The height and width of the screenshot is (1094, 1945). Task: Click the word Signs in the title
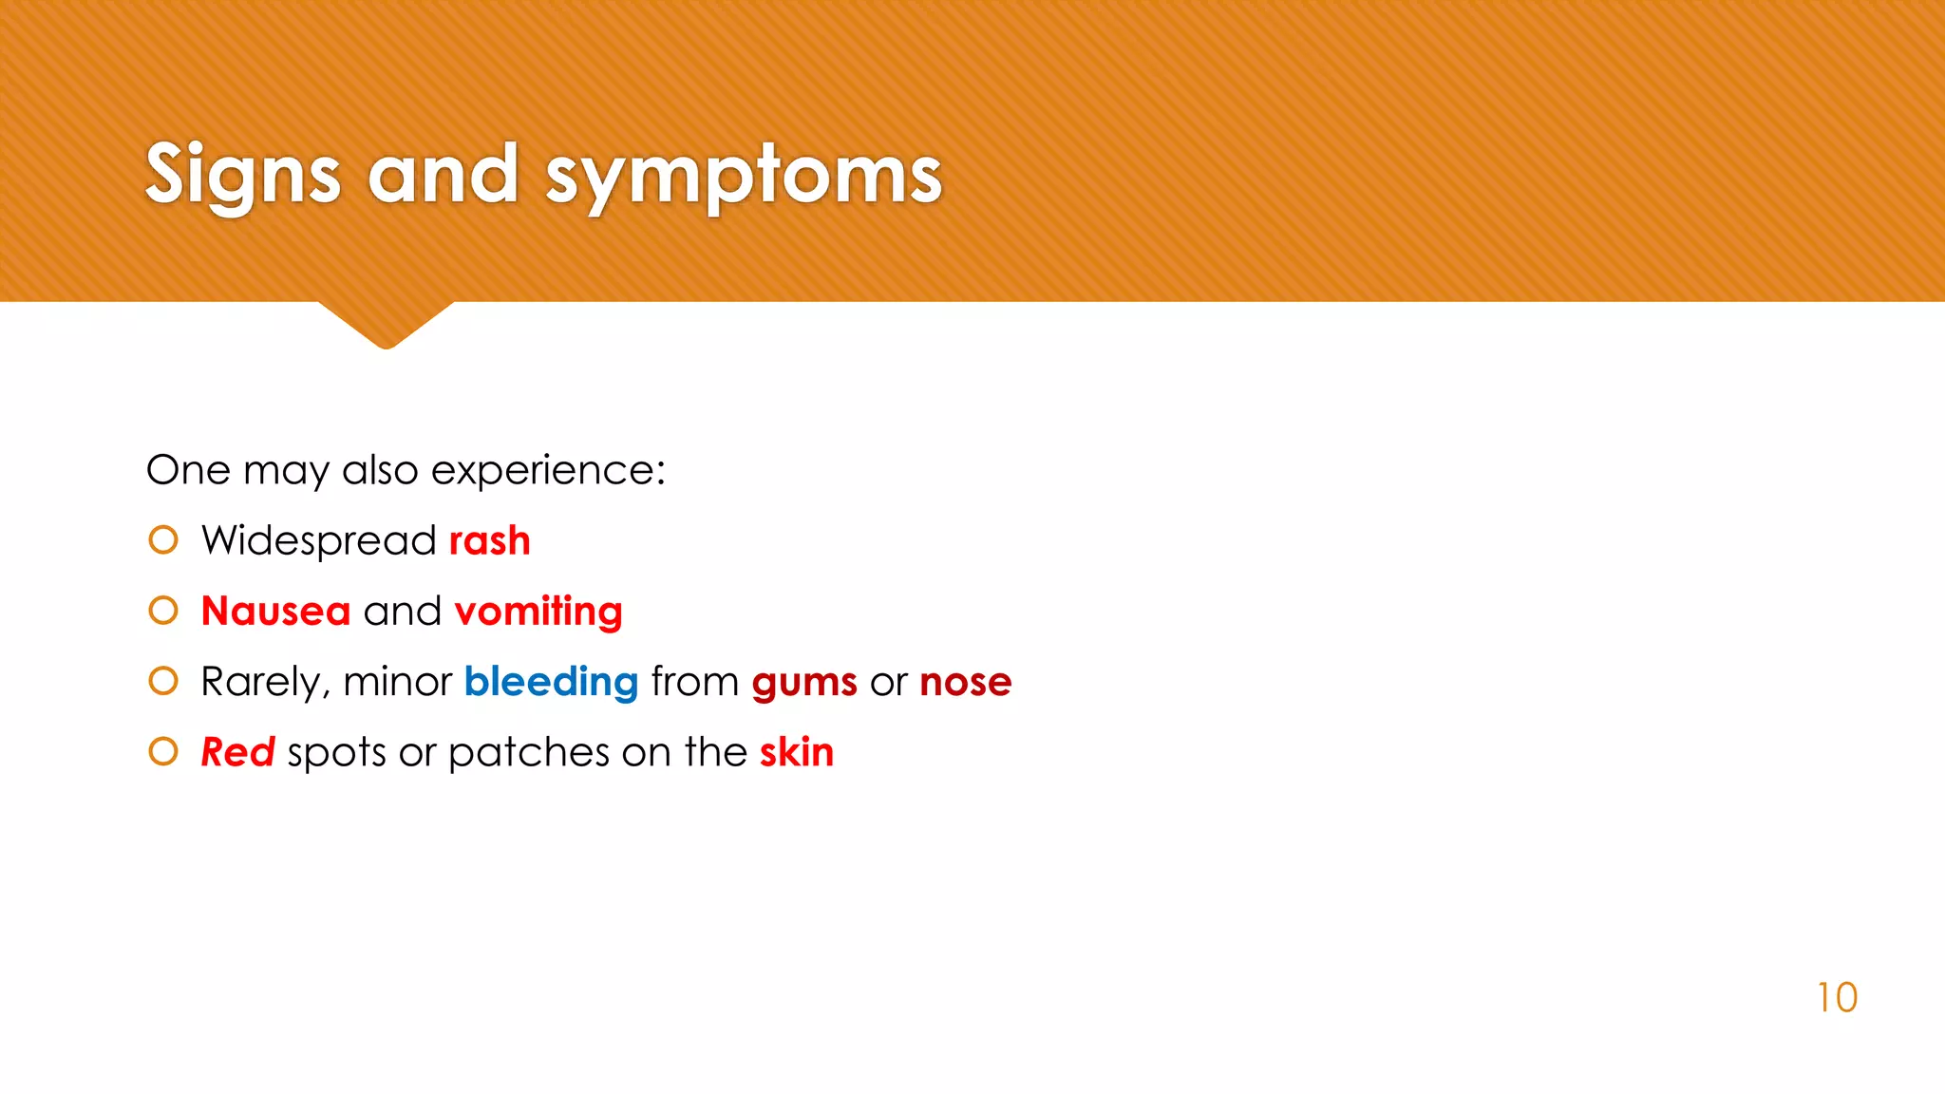point(242,176)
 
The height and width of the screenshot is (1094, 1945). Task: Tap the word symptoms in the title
point(743,176)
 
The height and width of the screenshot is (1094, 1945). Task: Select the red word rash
point(489,541)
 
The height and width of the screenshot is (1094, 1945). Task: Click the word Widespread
point(319,541)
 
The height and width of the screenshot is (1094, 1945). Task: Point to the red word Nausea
point(275,612)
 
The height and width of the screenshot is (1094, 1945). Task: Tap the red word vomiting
point(538,612)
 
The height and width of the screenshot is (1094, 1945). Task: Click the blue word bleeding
point(551,682)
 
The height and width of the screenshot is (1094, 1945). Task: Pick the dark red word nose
point(966,683)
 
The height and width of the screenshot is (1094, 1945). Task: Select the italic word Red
point(237,752)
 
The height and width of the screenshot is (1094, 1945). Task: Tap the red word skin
point(796,752)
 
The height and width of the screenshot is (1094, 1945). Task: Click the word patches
point(529,753)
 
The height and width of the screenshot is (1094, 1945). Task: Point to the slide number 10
point(1837,998)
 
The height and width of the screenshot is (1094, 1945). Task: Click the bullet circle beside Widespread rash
point(163,540)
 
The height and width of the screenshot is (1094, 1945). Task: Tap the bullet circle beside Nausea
point(163,611)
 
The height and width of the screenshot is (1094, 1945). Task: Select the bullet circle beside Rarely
point(163,681)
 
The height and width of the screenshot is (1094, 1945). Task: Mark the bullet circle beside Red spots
point(163,751)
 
